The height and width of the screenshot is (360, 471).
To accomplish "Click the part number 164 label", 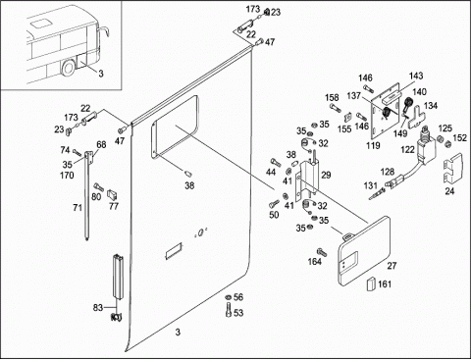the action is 315,262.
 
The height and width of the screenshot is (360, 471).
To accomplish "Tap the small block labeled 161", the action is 371,283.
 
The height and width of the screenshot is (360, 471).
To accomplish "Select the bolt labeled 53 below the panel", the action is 229,310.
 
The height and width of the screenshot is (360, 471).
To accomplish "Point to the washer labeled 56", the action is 228,297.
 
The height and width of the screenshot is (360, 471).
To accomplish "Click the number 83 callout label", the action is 98,308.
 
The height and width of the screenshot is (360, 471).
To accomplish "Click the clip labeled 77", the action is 112,194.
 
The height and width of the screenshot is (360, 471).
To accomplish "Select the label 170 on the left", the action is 67,176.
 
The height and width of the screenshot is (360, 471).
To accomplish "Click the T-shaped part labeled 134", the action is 415,117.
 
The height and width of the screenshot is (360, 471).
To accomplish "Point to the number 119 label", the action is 373,145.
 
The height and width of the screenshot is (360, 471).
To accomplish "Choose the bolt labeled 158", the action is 336,107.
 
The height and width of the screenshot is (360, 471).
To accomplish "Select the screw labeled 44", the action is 275,162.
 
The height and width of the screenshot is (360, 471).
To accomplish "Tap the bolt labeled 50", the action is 274,204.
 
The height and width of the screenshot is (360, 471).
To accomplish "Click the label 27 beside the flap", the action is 392,266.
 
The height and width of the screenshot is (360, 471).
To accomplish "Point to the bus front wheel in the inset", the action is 69,68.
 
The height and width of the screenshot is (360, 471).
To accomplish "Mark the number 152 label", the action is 460,138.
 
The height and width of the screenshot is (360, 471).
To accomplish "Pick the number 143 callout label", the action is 416,76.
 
